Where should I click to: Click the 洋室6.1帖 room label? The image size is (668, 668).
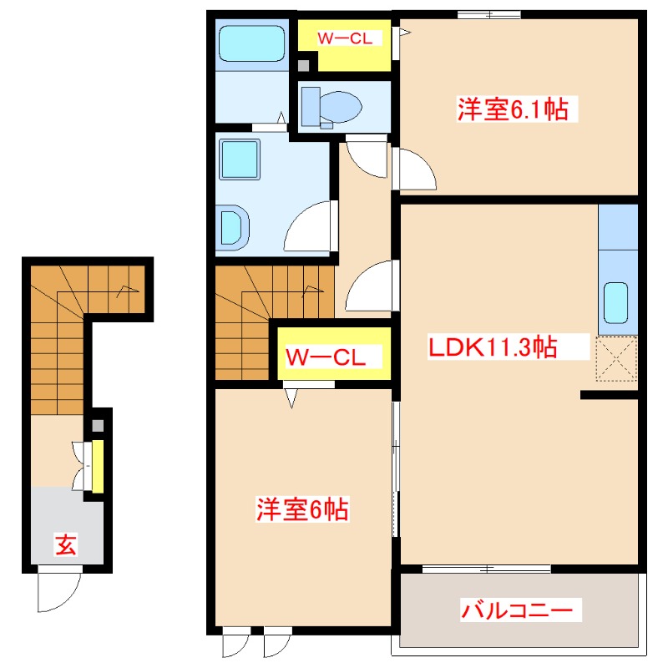coord(513,109)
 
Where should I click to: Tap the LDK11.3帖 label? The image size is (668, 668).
coord(493,347)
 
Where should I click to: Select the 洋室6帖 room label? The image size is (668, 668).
coord(302,509)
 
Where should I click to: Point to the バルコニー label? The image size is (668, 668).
coord(519,610)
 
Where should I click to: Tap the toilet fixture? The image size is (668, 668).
coord(331,107)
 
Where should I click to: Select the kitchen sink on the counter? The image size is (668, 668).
coord(617,304)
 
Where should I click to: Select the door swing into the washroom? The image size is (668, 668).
coord(311,225)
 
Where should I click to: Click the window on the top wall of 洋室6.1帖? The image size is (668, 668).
coord(488,13)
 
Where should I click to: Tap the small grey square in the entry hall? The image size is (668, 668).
coord(98,425)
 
